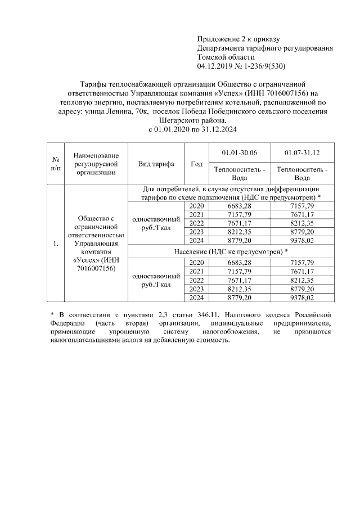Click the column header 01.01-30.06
point(239,152)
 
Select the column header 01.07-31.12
point(302,152)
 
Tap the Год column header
point(196,164)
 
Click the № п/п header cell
point(56,164)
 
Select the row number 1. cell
point(56,244)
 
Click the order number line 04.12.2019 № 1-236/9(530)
point(242,66)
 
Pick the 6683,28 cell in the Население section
point(239,263)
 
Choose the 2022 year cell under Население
point(196,280)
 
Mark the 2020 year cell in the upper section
point(196,206)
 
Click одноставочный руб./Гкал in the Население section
point(156,280)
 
